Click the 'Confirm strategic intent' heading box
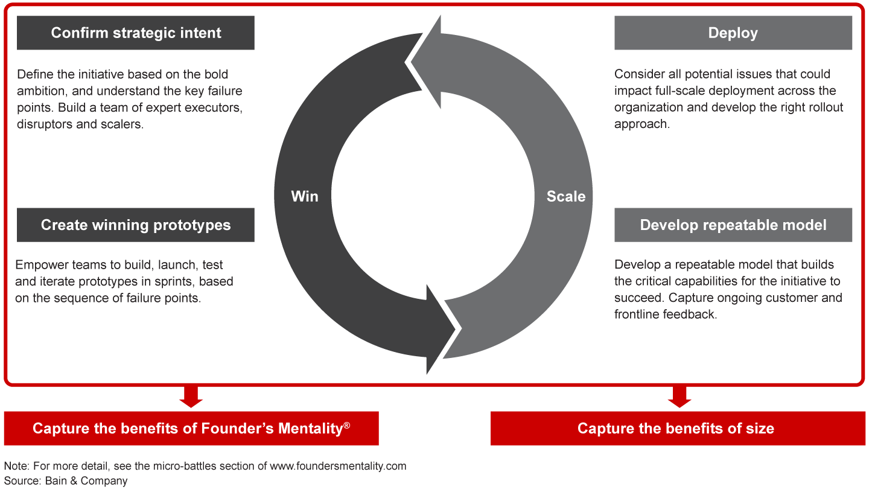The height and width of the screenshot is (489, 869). coord(136,33)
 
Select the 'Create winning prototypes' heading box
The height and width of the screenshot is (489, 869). coord(136,225)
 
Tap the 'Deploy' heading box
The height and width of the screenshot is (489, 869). coord(733,33)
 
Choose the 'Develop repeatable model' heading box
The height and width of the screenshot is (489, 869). coord(733,225)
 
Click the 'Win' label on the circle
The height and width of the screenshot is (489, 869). coord(304,196)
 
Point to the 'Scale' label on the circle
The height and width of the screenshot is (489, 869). coord(565,196)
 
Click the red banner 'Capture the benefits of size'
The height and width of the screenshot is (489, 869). coord(675,429)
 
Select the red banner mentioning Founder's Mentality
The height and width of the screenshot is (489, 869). coord(191,429)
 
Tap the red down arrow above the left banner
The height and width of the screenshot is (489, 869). coord(191,397)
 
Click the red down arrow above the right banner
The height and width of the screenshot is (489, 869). coord(680,397)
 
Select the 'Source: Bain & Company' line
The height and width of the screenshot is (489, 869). coord(66,481)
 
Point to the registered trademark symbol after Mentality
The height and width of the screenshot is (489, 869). coord(346,425)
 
